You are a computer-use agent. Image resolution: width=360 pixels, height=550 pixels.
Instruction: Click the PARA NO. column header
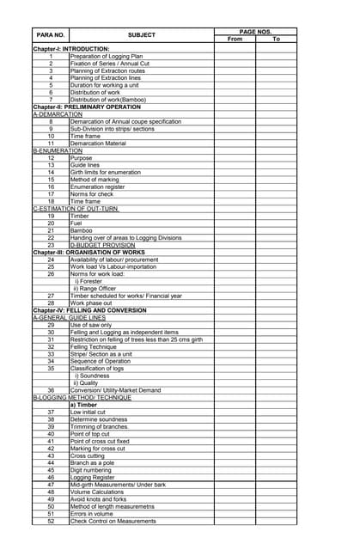pos(51,34)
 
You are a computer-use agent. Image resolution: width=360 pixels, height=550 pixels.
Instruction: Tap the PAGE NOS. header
pos(255,31)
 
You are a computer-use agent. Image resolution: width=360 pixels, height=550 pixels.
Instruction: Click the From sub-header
pos(235,40)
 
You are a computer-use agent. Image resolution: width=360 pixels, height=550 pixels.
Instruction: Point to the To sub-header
pos(277,40)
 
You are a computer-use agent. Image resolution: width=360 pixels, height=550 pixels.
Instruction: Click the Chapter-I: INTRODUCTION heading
pos(71,49)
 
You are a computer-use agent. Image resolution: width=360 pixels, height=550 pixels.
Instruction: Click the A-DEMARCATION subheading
pos(58,114)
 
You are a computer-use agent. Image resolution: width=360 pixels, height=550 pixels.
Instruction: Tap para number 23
pos(51,244)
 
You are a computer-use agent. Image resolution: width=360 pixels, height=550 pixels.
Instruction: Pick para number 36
pos(51,389)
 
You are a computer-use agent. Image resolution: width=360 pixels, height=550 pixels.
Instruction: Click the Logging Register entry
pos(95,476)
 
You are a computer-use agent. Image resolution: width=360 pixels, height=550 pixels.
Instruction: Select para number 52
pos(51,521)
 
